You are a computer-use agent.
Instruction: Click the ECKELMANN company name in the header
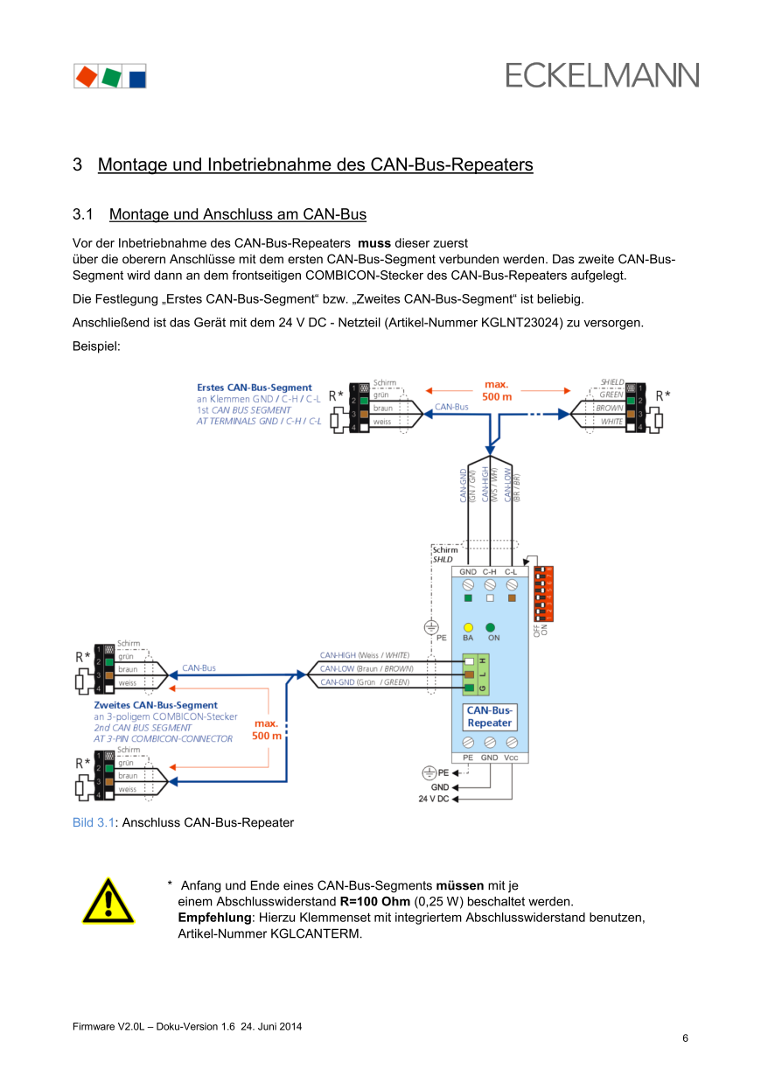click(602, 75)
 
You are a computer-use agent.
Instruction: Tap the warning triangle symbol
click(108, 902)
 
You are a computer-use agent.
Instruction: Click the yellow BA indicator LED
click(468, 627)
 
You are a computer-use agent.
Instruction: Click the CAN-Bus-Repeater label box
click(489, 716)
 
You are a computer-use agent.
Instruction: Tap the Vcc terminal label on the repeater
click(512, 758)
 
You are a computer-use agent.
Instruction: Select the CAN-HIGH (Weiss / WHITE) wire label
click(364, 655)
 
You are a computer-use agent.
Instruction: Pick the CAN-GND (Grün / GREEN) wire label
click(364, 681)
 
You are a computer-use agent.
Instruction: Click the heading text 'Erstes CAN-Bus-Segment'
click(254, 387)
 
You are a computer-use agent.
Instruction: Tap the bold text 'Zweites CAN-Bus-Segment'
click(156, 705)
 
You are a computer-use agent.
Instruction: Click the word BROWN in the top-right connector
click(610, 409)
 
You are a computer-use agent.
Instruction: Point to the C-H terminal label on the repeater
click(490, 571)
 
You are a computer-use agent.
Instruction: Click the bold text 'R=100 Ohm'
click(374, 901)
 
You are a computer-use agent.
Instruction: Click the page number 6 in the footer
click(685, 1038)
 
